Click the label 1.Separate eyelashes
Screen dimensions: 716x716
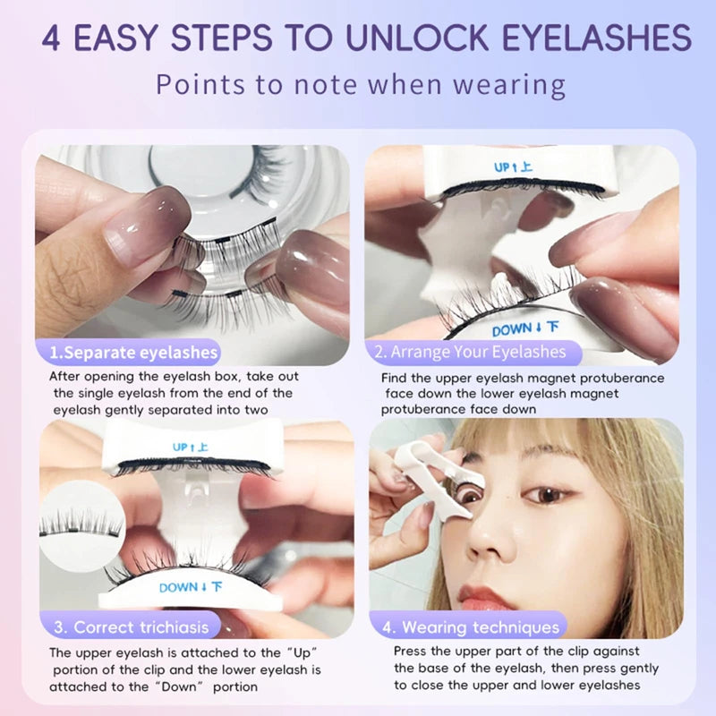(133, 352)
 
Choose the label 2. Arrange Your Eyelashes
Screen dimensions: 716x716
(471, 351)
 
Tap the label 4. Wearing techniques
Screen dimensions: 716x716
(471, 626)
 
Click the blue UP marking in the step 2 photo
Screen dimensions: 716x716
(514, 166)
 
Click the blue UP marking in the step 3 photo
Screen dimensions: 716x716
(190, 445)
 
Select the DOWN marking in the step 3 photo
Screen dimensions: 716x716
(191, 587)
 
